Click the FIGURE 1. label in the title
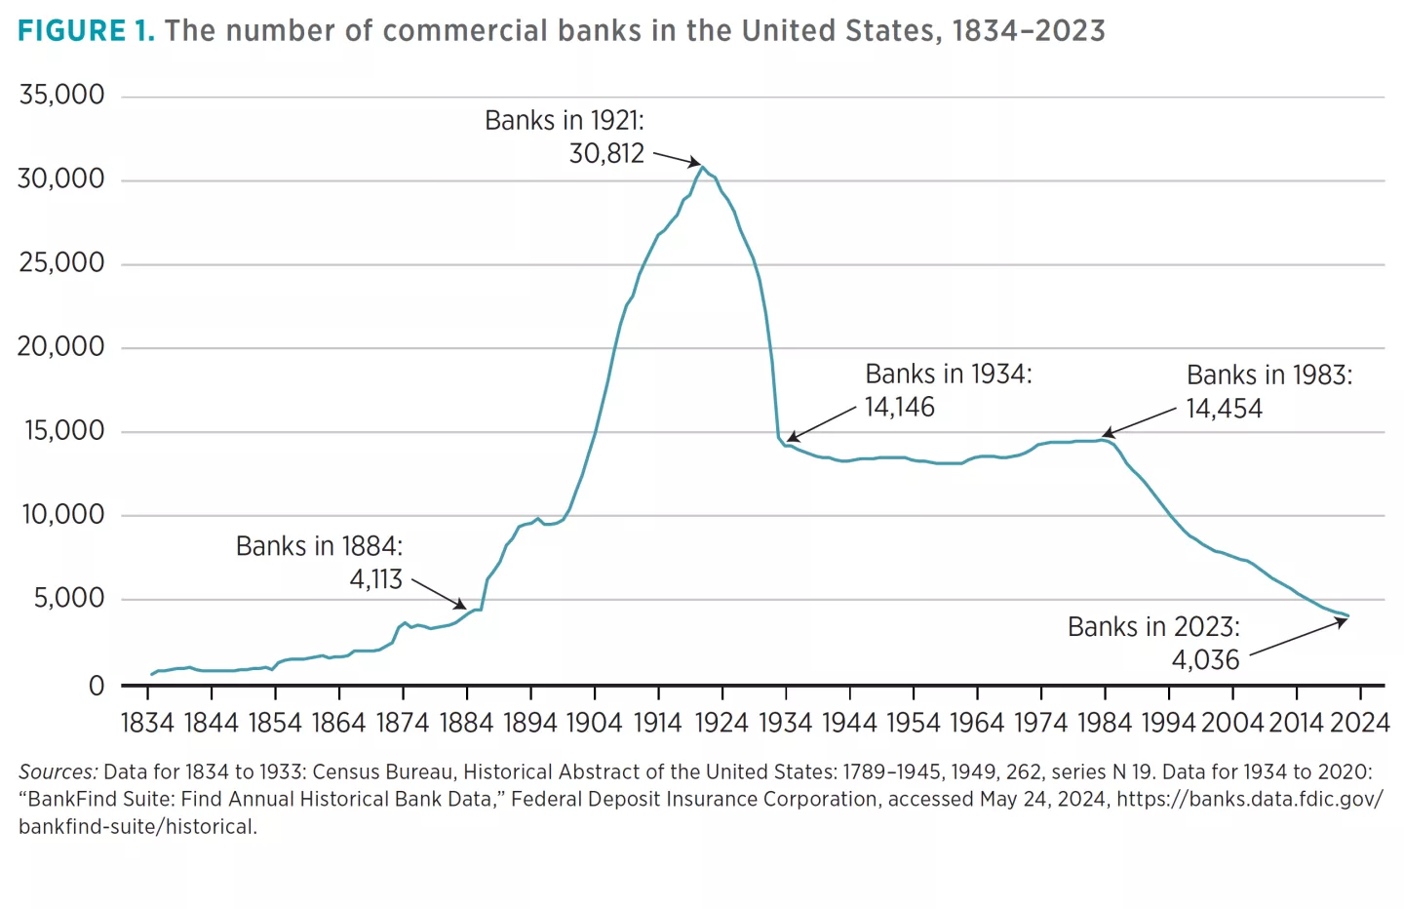86,30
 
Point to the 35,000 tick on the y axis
61,96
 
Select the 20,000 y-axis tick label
61,346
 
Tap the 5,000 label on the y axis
69,598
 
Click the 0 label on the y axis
96,687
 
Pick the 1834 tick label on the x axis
147,723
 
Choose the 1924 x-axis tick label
721,723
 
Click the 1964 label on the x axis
977,723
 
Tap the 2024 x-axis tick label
1359,723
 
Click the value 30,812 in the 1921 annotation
606,154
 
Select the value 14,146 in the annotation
899,407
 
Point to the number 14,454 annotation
1224,409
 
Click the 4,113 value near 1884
376,579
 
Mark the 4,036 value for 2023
1205,660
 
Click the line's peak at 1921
702,167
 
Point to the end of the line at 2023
1347,615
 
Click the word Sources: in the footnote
58,772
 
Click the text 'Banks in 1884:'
319,546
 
